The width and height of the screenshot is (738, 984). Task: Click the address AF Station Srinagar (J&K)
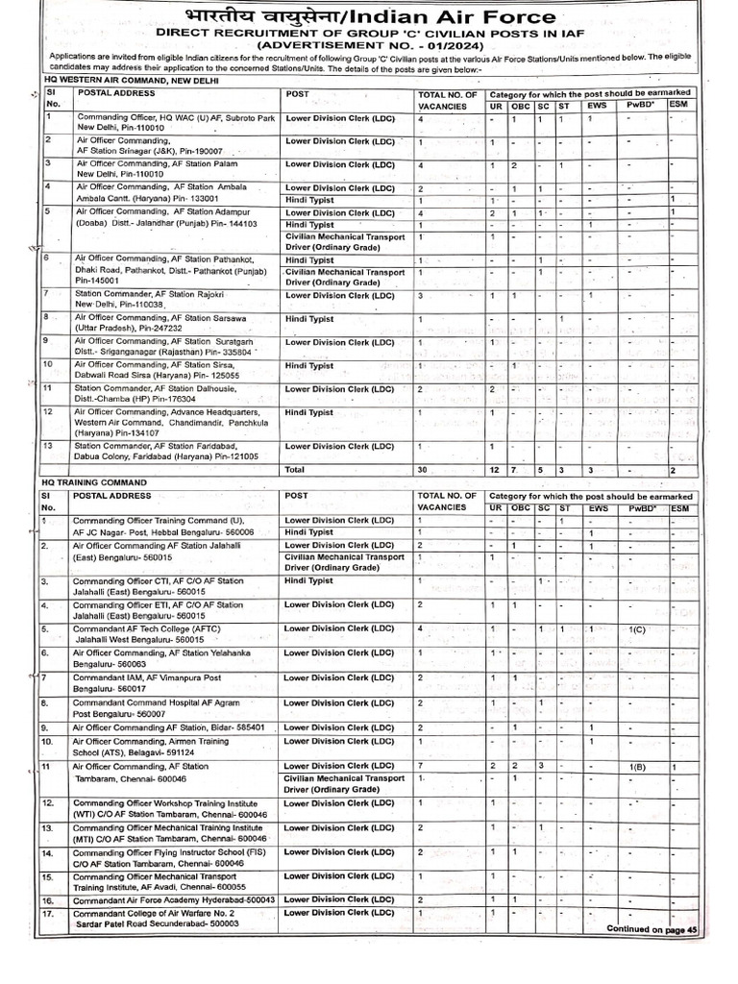point(150,152)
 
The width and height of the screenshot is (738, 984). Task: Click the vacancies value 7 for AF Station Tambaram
point(421,765)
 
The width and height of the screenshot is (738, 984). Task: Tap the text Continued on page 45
point(651,929)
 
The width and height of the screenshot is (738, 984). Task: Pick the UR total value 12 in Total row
point(495,470)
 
